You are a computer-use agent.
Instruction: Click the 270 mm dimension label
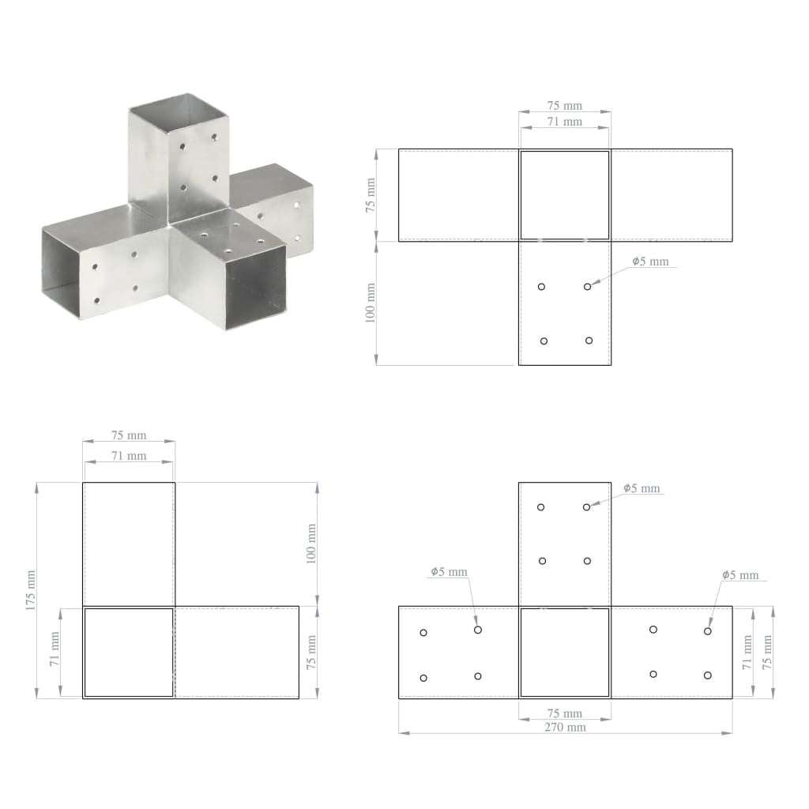tap(565, 727)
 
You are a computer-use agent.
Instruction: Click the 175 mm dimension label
tap(29, 589)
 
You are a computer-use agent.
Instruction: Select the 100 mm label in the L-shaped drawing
tap(310, 544)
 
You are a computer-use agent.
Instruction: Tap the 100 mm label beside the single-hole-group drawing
tap(371, 303)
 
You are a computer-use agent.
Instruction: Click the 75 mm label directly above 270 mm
tap(565, 713)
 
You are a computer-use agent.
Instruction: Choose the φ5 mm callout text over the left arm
tap(449, 571)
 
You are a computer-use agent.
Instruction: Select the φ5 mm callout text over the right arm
tap(740, 575)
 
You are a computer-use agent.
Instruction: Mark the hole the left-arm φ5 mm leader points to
tap(478, 630)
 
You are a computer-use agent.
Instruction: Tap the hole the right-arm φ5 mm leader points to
tap(708, 630)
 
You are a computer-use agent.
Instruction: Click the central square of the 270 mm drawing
tap(565, 652)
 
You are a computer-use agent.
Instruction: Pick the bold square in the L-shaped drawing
tap(129, 652)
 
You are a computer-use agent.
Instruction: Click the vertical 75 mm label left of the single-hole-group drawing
tap(371, 194)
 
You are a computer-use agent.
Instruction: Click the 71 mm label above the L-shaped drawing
tap(128, 456)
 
